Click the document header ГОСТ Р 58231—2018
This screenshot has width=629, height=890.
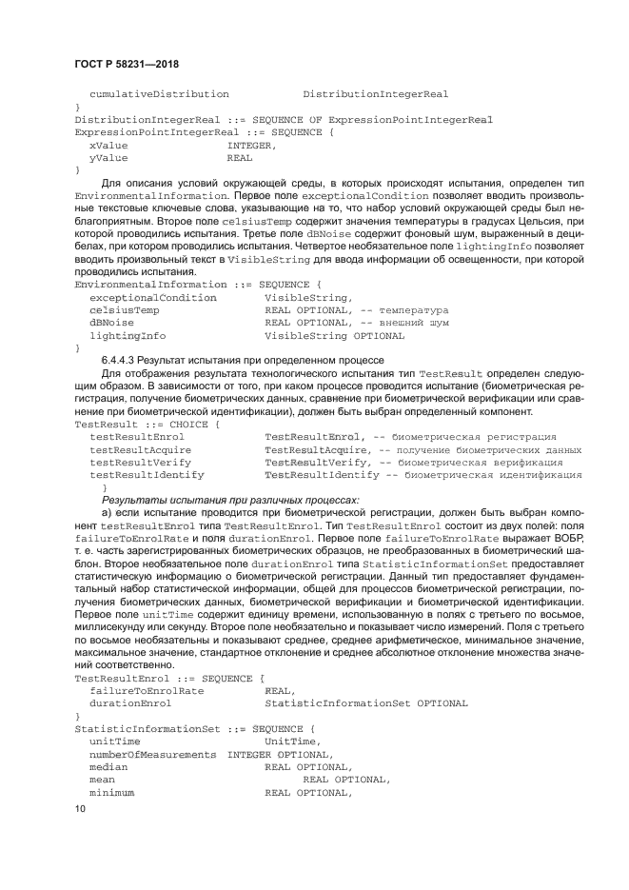pyautogui.click(x=127, y=64)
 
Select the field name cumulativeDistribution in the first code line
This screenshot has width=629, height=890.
pyautogui.click(x=159, y=94)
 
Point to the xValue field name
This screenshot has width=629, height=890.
pyautogui.click(x=108, y=146)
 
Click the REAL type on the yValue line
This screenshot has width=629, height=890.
pyautogui.click(x=239, y=158)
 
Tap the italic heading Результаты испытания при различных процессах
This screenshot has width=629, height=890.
pyautogui.click(x=230, y=499)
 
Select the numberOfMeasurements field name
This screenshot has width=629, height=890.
pyautogui.click(x=153, y=754)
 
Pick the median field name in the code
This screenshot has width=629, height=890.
pyautogui.click(x=108, y=766)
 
